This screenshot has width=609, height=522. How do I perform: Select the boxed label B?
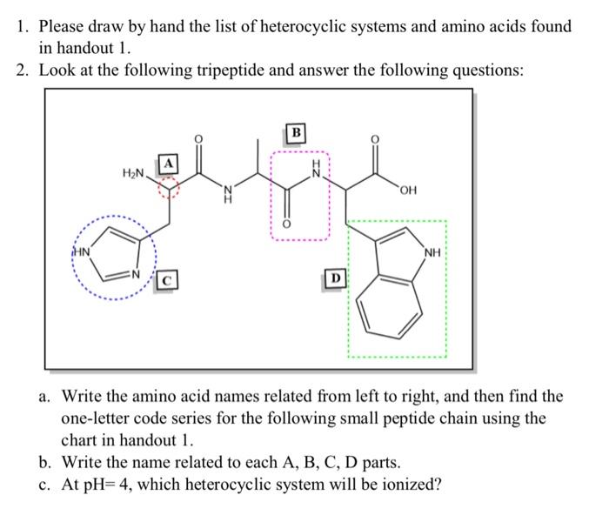click(297, 133)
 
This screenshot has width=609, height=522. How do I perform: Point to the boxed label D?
click(334, 278)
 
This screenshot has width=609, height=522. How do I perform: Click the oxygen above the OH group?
click(376, 138)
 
